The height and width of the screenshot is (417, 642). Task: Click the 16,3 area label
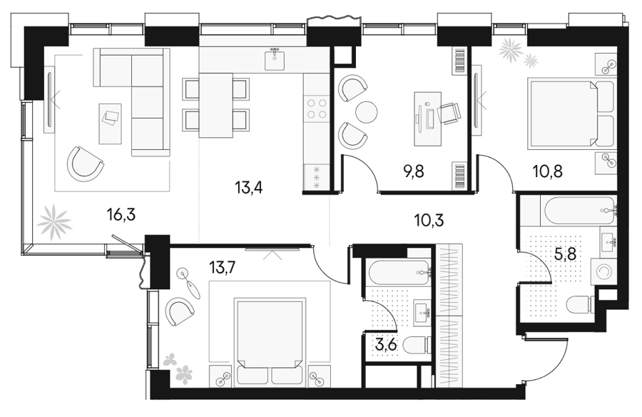(x=121, y=214)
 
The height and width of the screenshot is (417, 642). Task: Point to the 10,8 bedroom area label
(x=547, y=171)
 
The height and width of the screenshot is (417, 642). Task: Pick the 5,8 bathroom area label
(x=565, y=254)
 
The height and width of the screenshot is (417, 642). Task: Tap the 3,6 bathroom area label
(x=386, y=345)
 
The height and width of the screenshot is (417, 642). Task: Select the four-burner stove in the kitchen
(x=317, y=109)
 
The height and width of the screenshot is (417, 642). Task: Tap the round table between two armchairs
(x=366, y=112)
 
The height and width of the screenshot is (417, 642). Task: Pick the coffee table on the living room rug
(x=111, y=124)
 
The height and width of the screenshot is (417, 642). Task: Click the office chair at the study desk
(x=449, y=113)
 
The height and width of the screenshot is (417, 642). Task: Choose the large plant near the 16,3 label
(x=54, y=222)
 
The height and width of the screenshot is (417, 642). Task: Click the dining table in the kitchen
(x=215, y=106)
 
